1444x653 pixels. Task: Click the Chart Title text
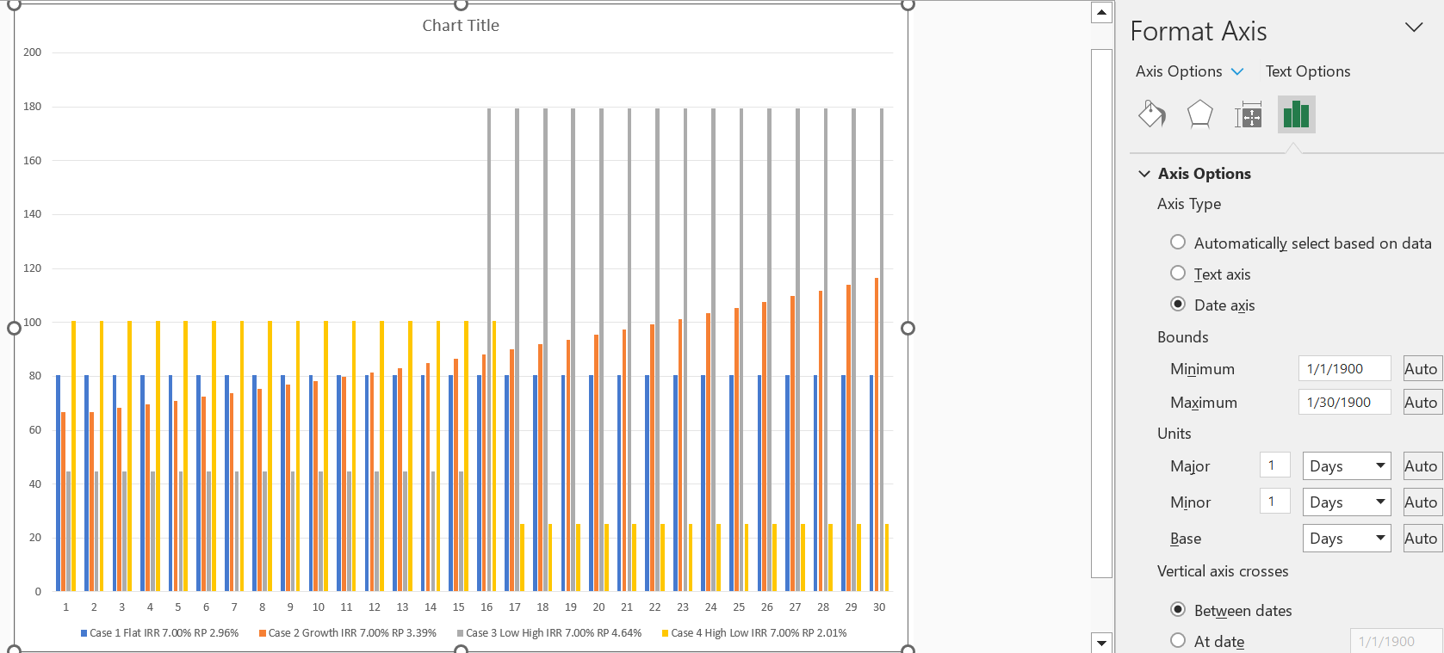[461, 26]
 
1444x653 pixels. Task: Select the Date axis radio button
[1178, 305]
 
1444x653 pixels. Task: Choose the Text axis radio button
[1178, 274]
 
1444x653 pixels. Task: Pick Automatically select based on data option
[1178, 243]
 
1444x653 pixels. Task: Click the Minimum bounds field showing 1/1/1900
[1343, 369]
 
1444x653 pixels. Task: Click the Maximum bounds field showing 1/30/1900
[1343, 403]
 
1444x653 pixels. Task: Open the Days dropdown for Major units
[1346, 466]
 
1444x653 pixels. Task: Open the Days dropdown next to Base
[1346, 539]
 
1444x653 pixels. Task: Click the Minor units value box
[1274, 502]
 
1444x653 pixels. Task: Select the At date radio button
[1178, 641]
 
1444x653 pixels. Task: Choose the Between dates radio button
[1178, 610]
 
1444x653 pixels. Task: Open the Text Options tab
[1307, 71]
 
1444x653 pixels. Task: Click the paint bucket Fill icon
[1152, 114]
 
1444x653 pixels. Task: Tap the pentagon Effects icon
[1199, 114]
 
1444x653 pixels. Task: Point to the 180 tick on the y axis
[33, 107]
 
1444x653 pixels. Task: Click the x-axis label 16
[486, 607]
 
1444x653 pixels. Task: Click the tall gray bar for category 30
[882, 344]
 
